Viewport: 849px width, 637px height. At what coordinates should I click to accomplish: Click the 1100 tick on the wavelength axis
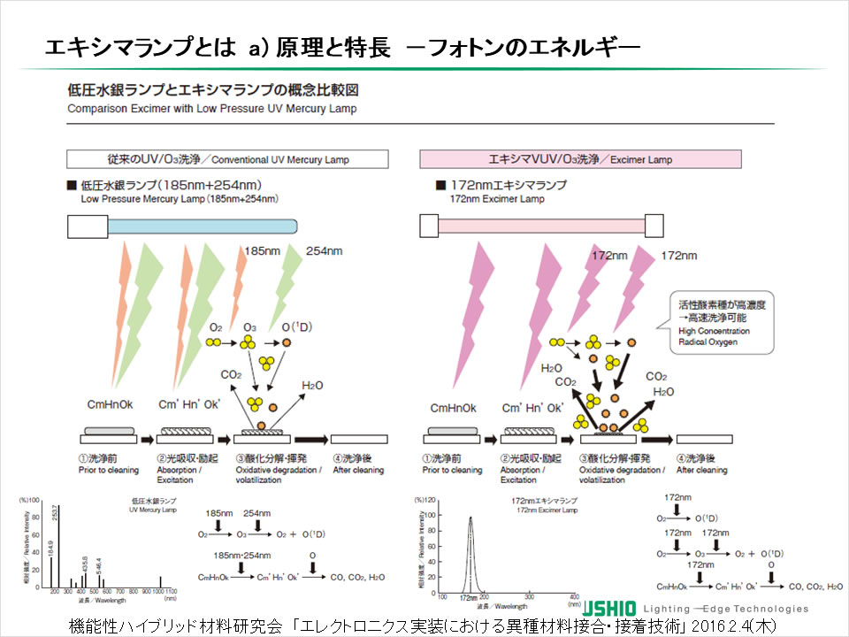[x=172, y=589]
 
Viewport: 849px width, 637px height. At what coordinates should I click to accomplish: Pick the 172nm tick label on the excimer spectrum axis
[x=469, y=598]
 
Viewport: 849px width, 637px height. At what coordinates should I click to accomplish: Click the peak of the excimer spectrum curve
[x=470, y=518]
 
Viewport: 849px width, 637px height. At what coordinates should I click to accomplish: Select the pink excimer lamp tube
[x=541, y=226]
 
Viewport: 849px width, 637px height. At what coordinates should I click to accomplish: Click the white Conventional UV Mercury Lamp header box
[x=228, y=159]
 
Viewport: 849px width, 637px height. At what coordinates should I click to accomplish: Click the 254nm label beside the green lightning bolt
[x=324, y=251]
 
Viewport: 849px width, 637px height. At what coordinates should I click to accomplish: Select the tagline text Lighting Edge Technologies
[x=725, y=609]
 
